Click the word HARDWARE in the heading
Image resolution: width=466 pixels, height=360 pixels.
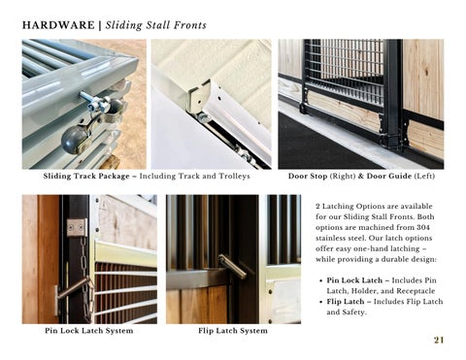tap(58, 25)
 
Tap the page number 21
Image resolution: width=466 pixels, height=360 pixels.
tap(439, 340)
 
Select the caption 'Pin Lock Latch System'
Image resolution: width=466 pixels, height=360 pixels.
tap(89, 331)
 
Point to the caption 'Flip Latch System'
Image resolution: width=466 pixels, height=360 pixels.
tap(233, 331)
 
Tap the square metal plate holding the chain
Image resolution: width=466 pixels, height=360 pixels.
tap(77, 228)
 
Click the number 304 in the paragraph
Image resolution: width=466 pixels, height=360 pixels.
tap(423, 227)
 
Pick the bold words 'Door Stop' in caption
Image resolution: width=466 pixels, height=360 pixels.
tap(308, 177)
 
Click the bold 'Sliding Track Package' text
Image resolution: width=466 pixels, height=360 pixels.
tap(86, 177)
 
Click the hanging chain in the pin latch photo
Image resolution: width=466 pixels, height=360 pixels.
tap(85, 278)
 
